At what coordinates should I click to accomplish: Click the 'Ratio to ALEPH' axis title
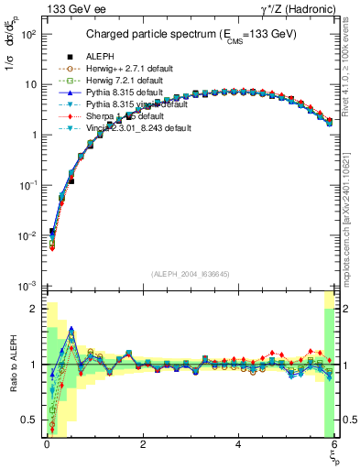pos(11,365)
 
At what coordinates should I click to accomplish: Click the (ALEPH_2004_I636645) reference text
pos(191,273)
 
